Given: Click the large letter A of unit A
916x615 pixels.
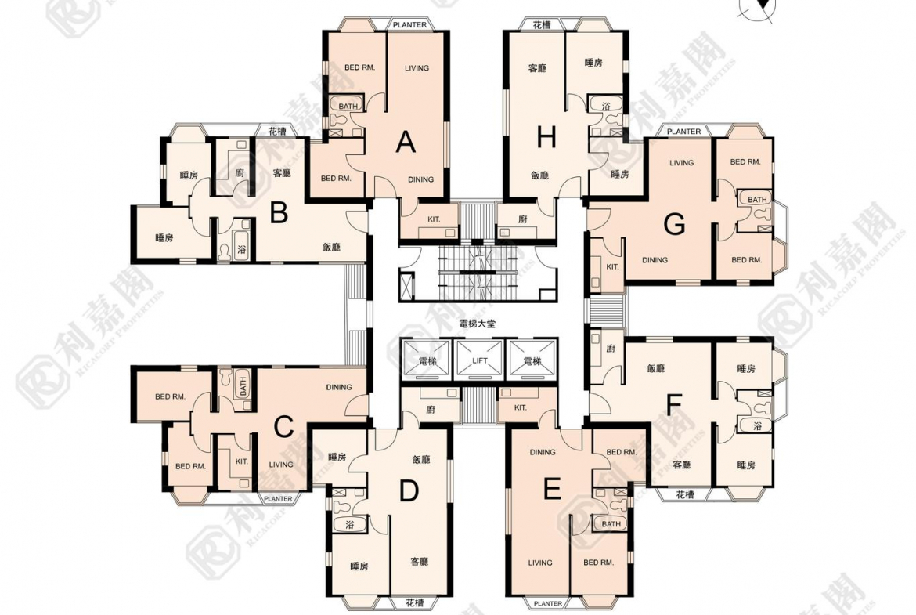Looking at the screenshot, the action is [406, 143].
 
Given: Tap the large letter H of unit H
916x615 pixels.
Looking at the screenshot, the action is [546, 138].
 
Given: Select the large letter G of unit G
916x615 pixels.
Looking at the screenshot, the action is [675, 224].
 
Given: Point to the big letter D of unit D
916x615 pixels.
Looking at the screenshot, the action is [409, 491].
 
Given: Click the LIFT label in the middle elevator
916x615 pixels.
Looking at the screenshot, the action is [480, 360].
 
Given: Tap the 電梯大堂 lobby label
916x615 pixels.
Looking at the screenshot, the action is [478, 324].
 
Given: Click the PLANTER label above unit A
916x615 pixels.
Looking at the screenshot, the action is [409, 24].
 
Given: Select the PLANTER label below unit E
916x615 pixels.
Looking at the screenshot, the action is [548, 603].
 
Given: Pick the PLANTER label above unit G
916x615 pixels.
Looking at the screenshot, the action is [683, 132].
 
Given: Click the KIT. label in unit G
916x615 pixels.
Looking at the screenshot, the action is [612, 266].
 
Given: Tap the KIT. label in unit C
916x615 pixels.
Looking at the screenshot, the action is [242, 461].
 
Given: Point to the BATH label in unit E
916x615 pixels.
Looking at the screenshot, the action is [611, 524].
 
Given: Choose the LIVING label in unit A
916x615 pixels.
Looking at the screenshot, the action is [417, 68].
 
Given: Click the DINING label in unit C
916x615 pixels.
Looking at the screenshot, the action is [339, 387].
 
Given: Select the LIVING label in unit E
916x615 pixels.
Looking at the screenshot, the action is [539, 563].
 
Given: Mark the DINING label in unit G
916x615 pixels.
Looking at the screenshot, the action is [655, 259].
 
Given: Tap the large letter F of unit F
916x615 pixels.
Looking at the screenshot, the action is [674, 404].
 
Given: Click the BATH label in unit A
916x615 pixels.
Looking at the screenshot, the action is [348, 107].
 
